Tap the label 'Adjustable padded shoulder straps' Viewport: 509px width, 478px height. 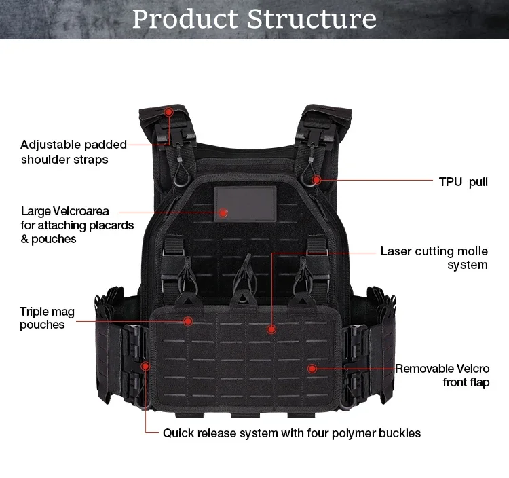coord(73,152)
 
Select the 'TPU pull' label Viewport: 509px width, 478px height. coord(464,182)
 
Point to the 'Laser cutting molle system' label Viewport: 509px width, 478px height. coord(434,258)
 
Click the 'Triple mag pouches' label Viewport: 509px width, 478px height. coord(47,318)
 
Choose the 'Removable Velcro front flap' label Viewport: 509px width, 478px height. coord(442,375)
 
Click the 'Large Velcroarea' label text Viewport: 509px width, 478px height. coord(64,211)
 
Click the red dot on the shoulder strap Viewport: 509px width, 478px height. coord(169,111)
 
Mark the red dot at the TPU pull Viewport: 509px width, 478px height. coord(316,180)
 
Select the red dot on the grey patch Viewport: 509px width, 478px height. coord(223,213)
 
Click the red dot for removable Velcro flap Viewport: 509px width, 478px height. coord(312,369)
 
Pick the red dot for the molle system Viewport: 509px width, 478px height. coord(271,329)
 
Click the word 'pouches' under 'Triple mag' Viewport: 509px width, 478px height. coord(42,325)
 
